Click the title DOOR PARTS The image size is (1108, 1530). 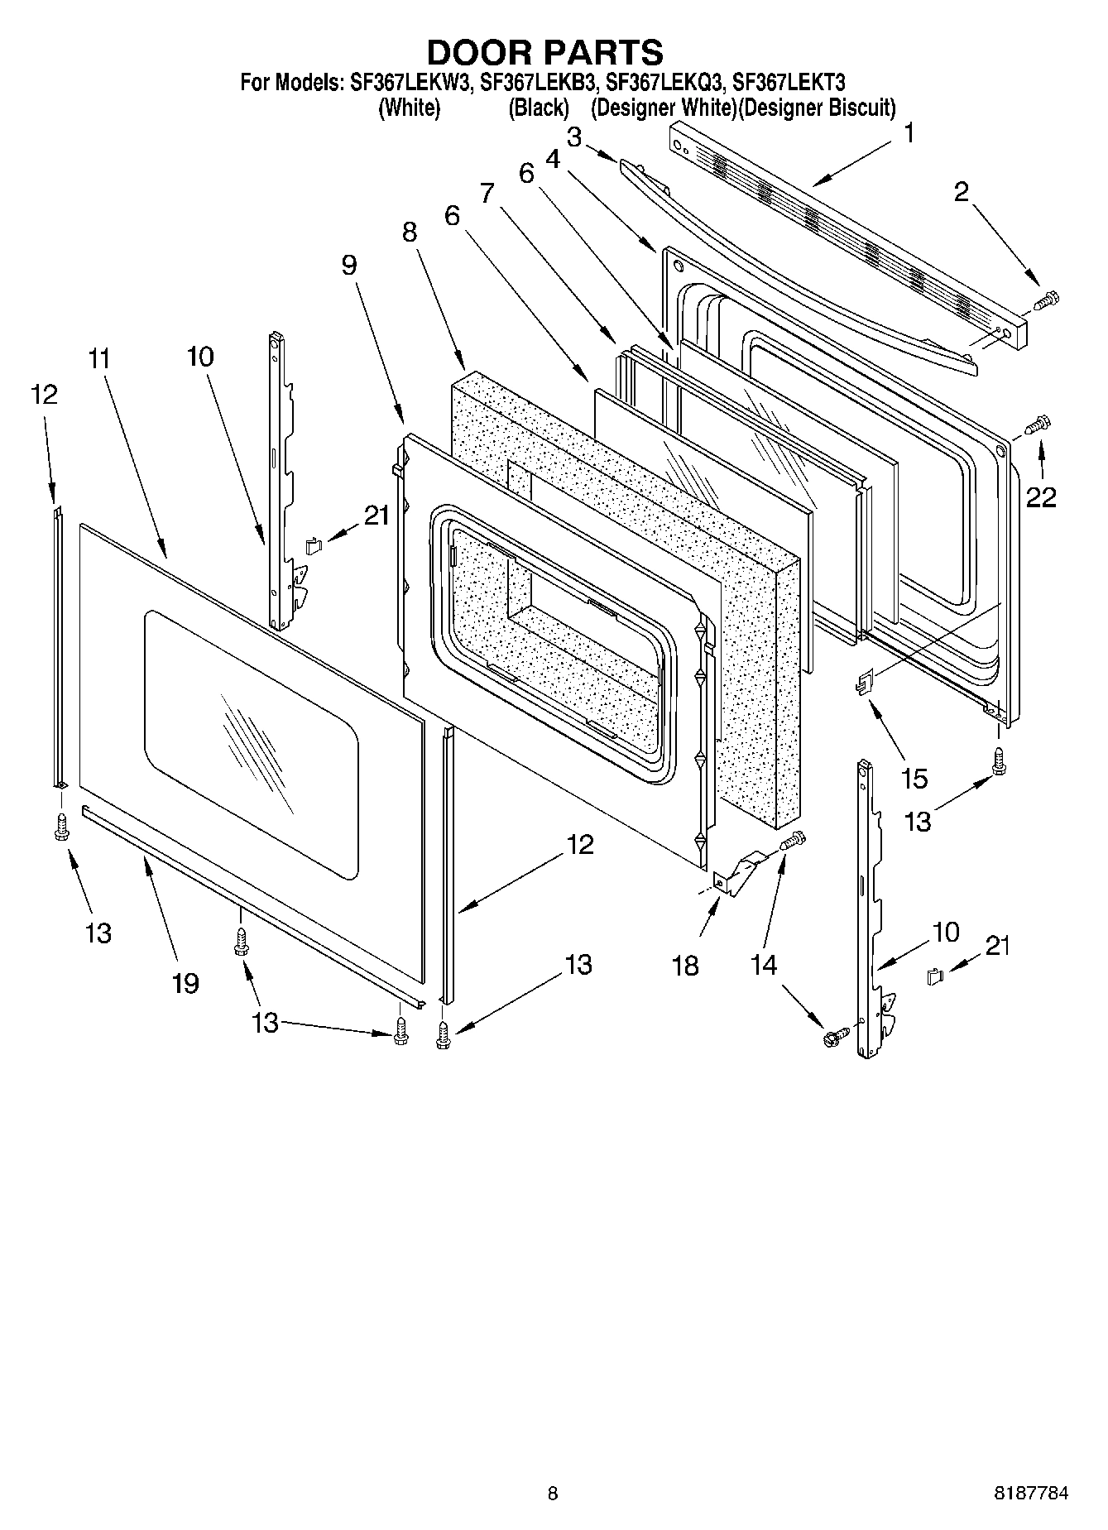[x=545, y=52]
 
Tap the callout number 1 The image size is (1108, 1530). [x=909, y=133]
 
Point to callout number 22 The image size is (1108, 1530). [x=1042, y=497]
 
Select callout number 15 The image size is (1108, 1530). [x=914, y=778]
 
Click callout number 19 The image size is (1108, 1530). [x=185, y=983]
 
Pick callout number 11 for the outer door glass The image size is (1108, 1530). [x=99, y=359]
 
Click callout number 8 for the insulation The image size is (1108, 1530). [x=410, y=233]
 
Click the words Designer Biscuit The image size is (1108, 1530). [x=817, y=108]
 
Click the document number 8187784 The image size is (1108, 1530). [x=1030, y=1494]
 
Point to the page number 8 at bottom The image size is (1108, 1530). [x=553, y=1494]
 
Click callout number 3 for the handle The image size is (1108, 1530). [x=573, y=137]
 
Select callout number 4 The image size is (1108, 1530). [x=552, y=158]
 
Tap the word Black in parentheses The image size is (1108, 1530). [x=539, y=108]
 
